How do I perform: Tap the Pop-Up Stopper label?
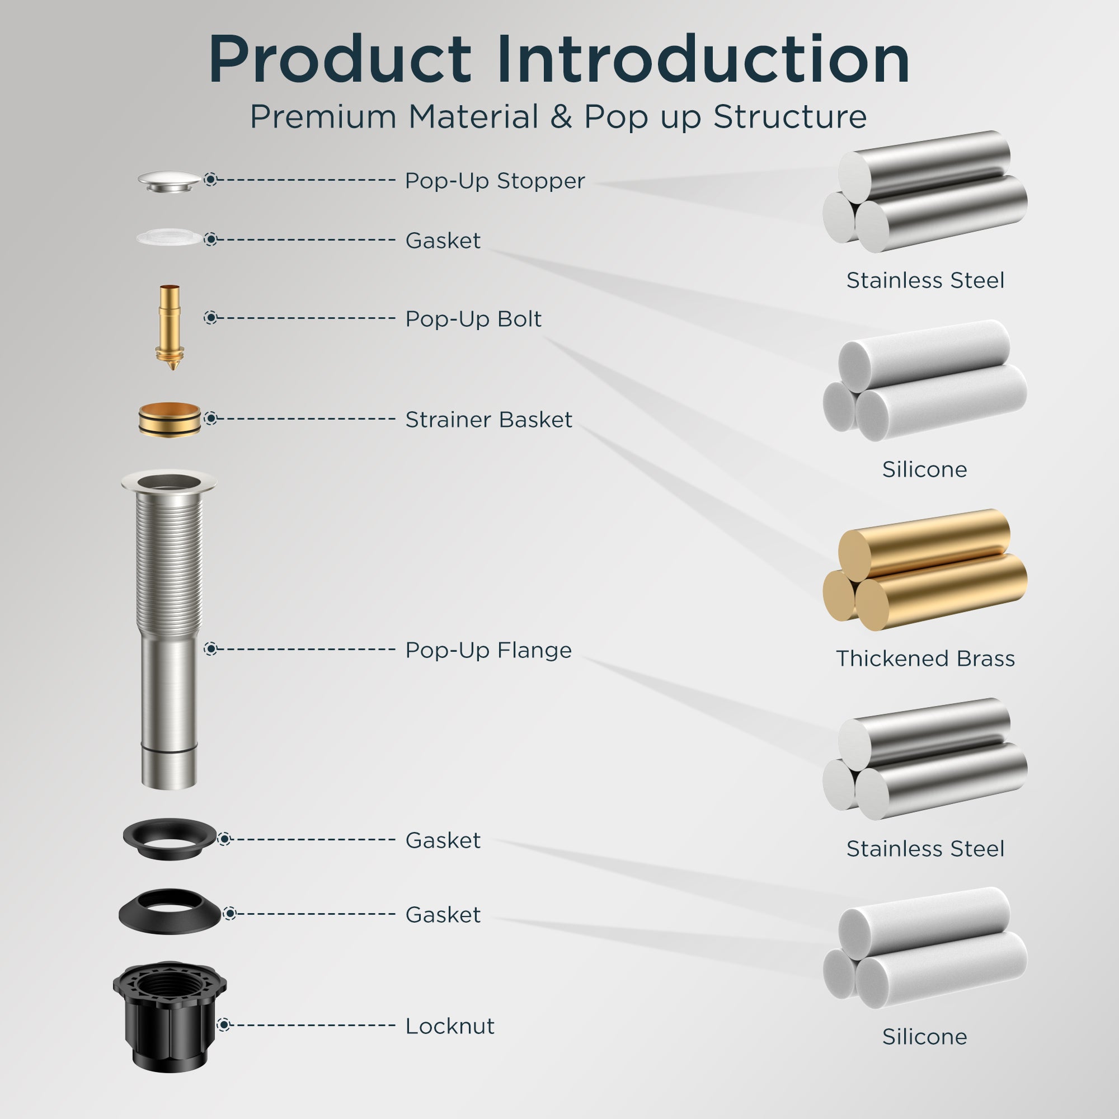(495, 181)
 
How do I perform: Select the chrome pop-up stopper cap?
(169, 181)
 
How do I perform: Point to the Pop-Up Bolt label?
(473, 319)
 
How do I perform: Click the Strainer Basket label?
(488, 419)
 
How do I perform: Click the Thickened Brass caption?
(925, 659)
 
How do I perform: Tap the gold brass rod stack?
(925, 570)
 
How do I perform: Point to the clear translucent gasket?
(169, 237)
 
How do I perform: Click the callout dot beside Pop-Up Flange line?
(211, 649)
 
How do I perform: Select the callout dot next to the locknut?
(224, 1024)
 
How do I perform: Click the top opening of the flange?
(169, 481)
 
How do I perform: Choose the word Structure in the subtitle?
(790, 116)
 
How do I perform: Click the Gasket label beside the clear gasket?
(443, 241)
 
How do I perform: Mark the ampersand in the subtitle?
(561, 116)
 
